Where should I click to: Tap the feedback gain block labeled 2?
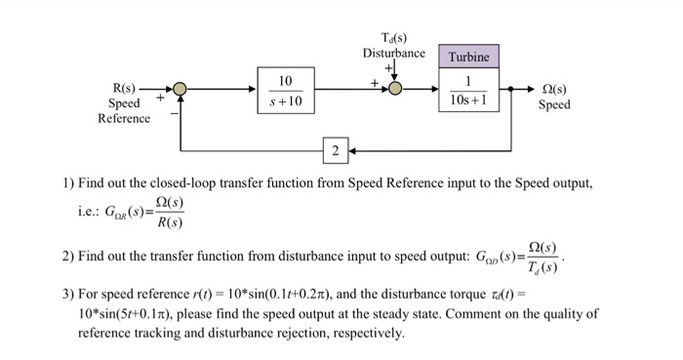coord(335,151)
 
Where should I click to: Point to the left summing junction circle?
coord(180,90)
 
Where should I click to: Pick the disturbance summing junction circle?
coord(395,90)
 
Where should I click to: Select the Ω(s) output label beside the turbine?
coord(554,88)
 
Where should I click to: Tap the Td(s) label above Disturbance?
coord(394,37)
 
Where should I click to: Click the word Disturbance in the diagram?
coord(394,53)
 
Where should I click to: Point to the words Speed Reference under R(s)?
coord(124,110)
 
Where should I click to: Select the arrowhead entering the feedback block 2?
coord(351,151)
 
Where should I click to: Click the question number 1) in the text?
coord(67,182)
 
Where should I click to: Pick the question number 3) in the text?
coord(67,295)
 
